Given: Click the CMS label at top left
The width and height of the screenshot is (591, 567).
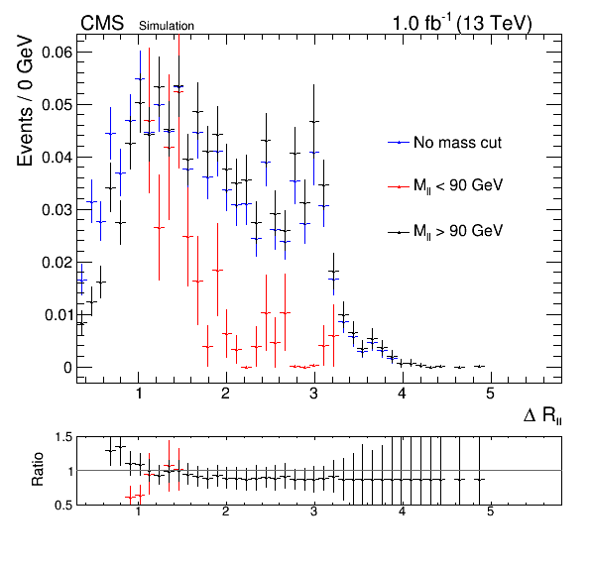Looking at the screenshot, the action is coord(102,24).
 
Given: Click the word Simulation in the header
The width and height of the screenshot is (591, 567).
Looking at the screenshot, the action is coord(167,26).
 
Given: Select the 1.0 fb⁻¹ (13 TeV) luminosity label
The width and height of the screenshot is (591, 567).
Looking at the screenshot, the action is coord(462,24).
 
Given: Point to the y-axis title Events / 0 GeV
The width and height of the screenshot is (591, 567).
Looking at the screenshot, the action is coord(25,100).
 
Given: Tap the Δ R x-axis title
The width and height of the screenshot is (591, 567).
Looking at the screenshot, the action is coord(542,415).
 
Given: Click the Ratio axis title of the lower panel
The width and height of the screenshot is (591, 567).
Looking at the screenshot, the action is coord(38,469).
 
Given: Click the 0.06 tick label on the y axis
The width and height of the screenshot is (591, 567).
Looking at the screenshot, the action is coord(57,52).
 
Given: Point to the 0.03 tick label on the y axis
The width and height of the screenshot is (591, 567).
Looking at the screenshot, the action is coord(57,209).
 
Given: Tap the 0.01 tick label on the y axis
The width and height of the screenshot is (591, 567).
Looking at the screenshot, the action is coord(58,314).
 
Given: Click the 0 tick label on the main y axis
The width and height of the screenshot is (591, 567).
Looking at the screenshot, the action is coord(67,368).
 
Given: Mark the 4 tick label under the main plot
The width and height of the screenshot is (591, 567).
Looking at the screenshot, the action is coord(402,394).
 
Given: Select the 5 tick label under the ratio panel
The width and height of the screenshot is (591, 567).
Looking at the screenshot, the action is coord(490,511).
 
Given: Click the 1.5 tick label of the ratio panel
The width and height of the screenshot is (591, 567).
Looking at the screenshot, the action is coord(63,437).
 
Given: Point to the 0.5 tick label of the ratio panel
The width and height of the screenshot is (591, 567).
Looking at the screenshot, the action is coord(63,505).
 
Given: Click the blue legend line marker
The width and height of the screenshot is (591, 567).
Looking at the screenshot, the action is coord(399,143).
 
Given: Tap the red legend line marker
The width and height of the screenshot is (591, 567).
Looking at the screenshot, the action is coord(399,186).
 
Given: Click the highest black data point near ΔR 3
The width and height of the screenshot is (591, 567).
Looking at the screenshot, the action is coord(314,121).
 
